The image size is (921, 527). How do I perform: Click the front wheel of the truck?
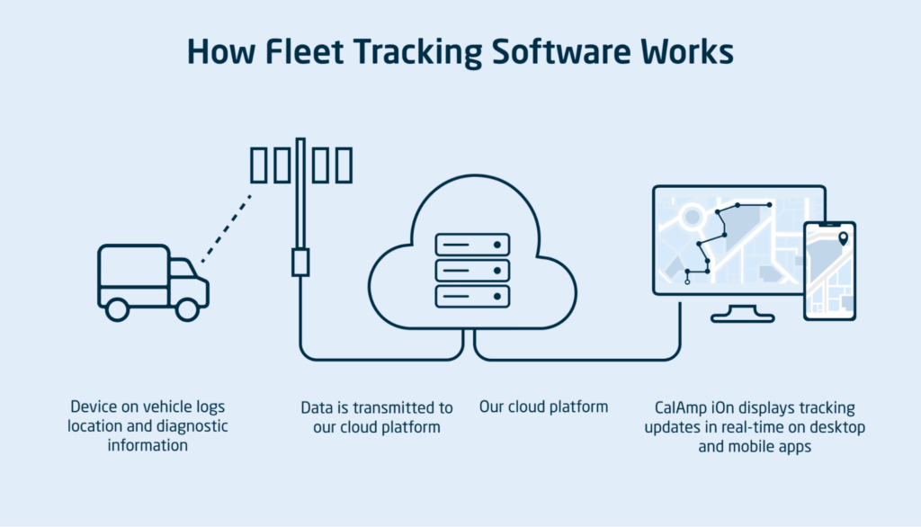(x=187, y=309)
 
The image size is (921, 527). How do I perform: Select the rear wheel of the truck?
(x=117, y=309)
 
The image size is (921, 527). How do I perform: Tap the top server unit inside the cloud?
(x=472, y=244)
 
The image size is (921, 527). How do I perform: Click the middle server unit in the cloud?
(x=472, y=270)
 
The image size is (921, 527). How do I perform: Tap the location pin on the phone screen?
(x=843, y=239)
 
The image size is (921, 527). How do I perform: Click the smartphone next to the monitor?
(x=829, y=271)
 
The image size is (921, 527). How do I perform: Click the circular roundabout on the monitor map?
(x=692, y=217)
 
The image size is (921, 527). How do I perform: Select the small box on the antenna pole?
(x=300, y=262)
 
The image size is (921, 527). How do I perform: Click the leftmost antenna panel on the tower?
(x=258, y=166)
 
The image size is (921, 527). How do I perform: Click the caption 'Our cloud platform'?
(x=543, y=406)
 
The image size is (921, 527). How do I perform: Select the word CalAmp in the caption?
(x=683, y=408)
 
